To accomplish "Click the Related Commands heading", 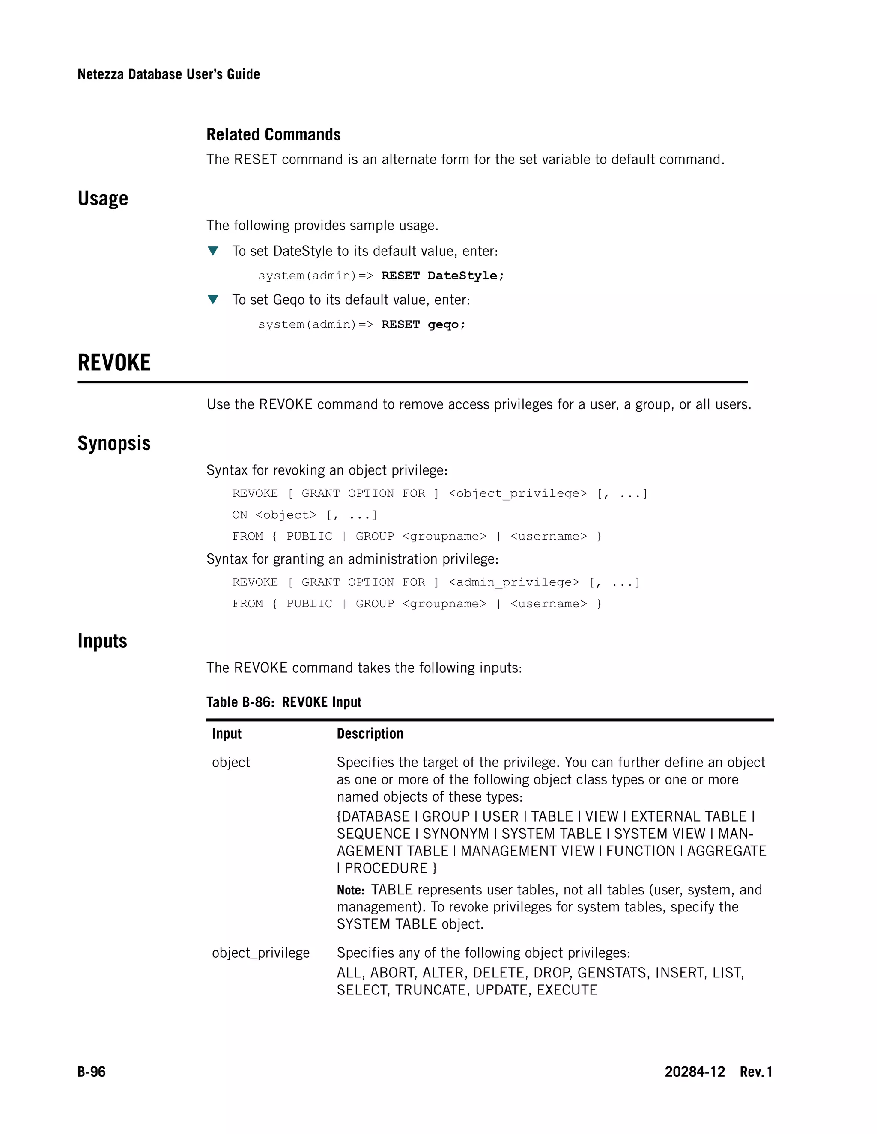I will coord(273,134).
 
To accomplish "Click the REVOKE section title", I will coord(114,362).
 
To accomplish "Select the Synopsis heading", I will coord(114,443).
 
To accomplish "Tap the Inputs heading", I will coord(102,641).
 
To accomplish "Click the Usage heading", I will coord(103,199).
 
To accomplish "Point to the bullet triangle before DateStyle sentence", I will coord(212,251).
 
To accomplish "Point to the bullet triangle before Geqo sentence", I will coord(212,300).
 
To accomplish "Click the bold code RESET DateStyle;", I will coord(442,276).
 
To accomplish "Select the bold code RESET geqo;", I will coord(423,324).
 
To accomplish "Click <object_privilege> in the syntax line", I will coord(517,493).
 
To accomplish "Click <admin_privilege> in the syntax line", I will coord(513,582).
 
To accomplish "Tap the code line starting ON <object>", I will coord(304,515).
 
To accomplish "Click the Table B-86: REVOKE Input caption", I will coord(283,702).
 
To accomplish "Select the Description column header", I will coord(370,733).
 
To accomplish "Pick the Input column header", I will coord(227,733).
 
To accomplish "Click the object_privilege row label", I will coord(261,953).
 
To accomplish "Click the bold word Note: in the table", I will coord(351,891).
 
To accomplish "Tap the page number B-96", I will coord(92,1072).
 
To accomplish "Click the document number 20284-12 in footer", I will coord(695,1072).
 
